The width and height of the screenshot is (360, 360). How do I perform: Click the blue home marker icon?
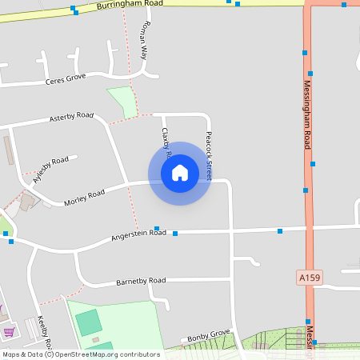coord(179,173)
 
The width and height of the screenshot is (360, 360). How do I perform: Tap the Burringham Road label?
coord(129,4)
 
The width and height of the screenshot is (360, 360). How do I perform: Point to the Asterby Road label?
coord(71,117)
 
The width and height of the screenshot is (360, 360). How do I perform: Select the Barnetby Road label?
coord(141,281)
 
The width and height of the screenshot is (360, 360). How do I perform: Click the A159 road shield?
coord(309,278)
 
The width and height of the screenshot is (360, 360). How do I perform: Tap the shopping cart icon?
coord(9,331)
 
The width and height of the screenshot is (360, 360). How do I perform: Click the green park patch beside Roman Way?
coord(123,102)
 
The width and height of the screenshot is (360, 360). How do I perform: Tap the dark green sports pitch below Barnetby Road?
coord(88,322)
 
